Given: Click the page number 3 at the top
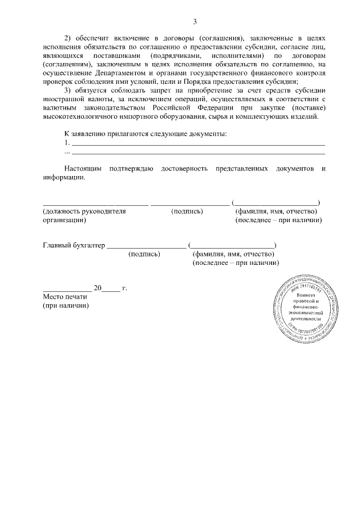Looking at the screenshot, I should pyautogui.click(x=195, y=22).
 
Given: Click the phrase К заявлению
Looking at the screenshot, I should pyautogui.click(x=85, y=134).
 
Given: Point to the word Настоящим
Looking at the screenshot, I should pyautogui.click(x=83, y=169).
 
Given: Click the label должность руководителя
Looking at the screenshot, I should pyautogui.click(x=84, y=211).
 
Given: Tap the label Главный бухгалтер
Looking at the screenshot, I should pyautogui.click(x=74, y=245).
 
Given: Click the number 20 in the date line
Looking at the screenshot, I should pyautogui.click(x=97, y=289).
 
